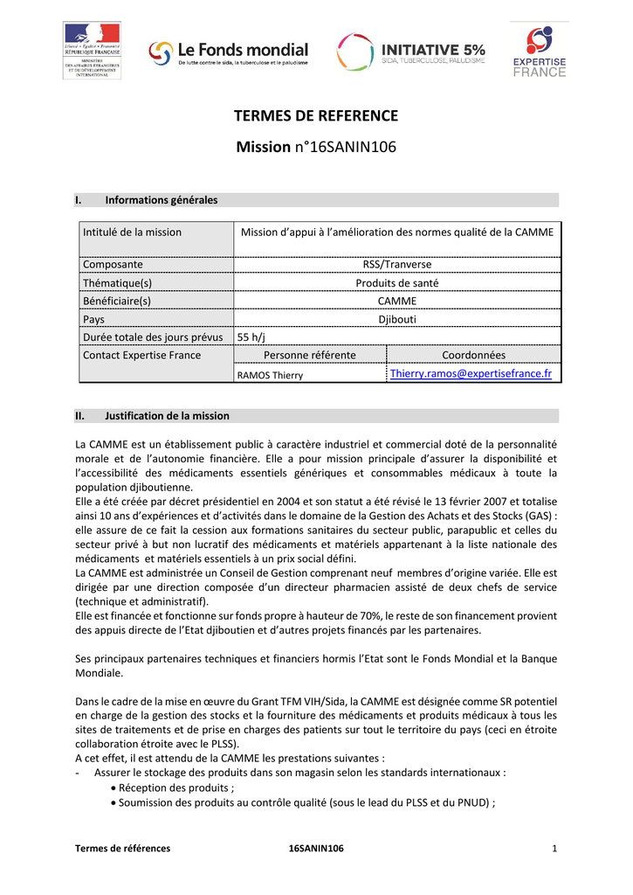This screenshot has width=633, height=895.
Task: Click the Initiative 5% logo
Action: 410,53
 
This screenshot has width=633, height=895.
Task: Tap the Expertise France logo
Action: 539,52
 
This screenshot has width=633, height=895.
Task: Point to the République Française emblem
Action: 92,51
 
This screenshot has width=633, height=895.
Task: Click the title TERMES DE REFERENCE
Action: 316,116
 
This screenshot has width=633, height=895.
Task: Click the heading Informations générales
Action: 161,200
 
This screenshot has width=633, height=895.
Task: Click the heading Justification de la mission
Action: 167,415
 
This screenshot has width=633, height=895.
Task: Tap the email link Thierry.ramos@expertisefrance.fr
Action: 471,374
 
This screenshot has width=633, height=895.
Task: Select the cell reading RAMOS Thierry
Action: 271,375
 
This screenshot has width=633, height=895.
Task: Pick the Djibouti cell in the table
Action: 396,319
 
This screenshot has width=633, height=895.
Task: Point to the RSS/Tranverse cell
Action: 396,264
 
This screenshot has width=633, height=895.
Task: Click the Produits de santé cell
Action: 396,282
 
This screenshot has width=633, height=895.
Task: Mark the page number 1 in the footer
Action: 554,849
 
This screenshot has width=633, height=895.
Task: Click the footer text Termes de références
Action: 122,849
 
